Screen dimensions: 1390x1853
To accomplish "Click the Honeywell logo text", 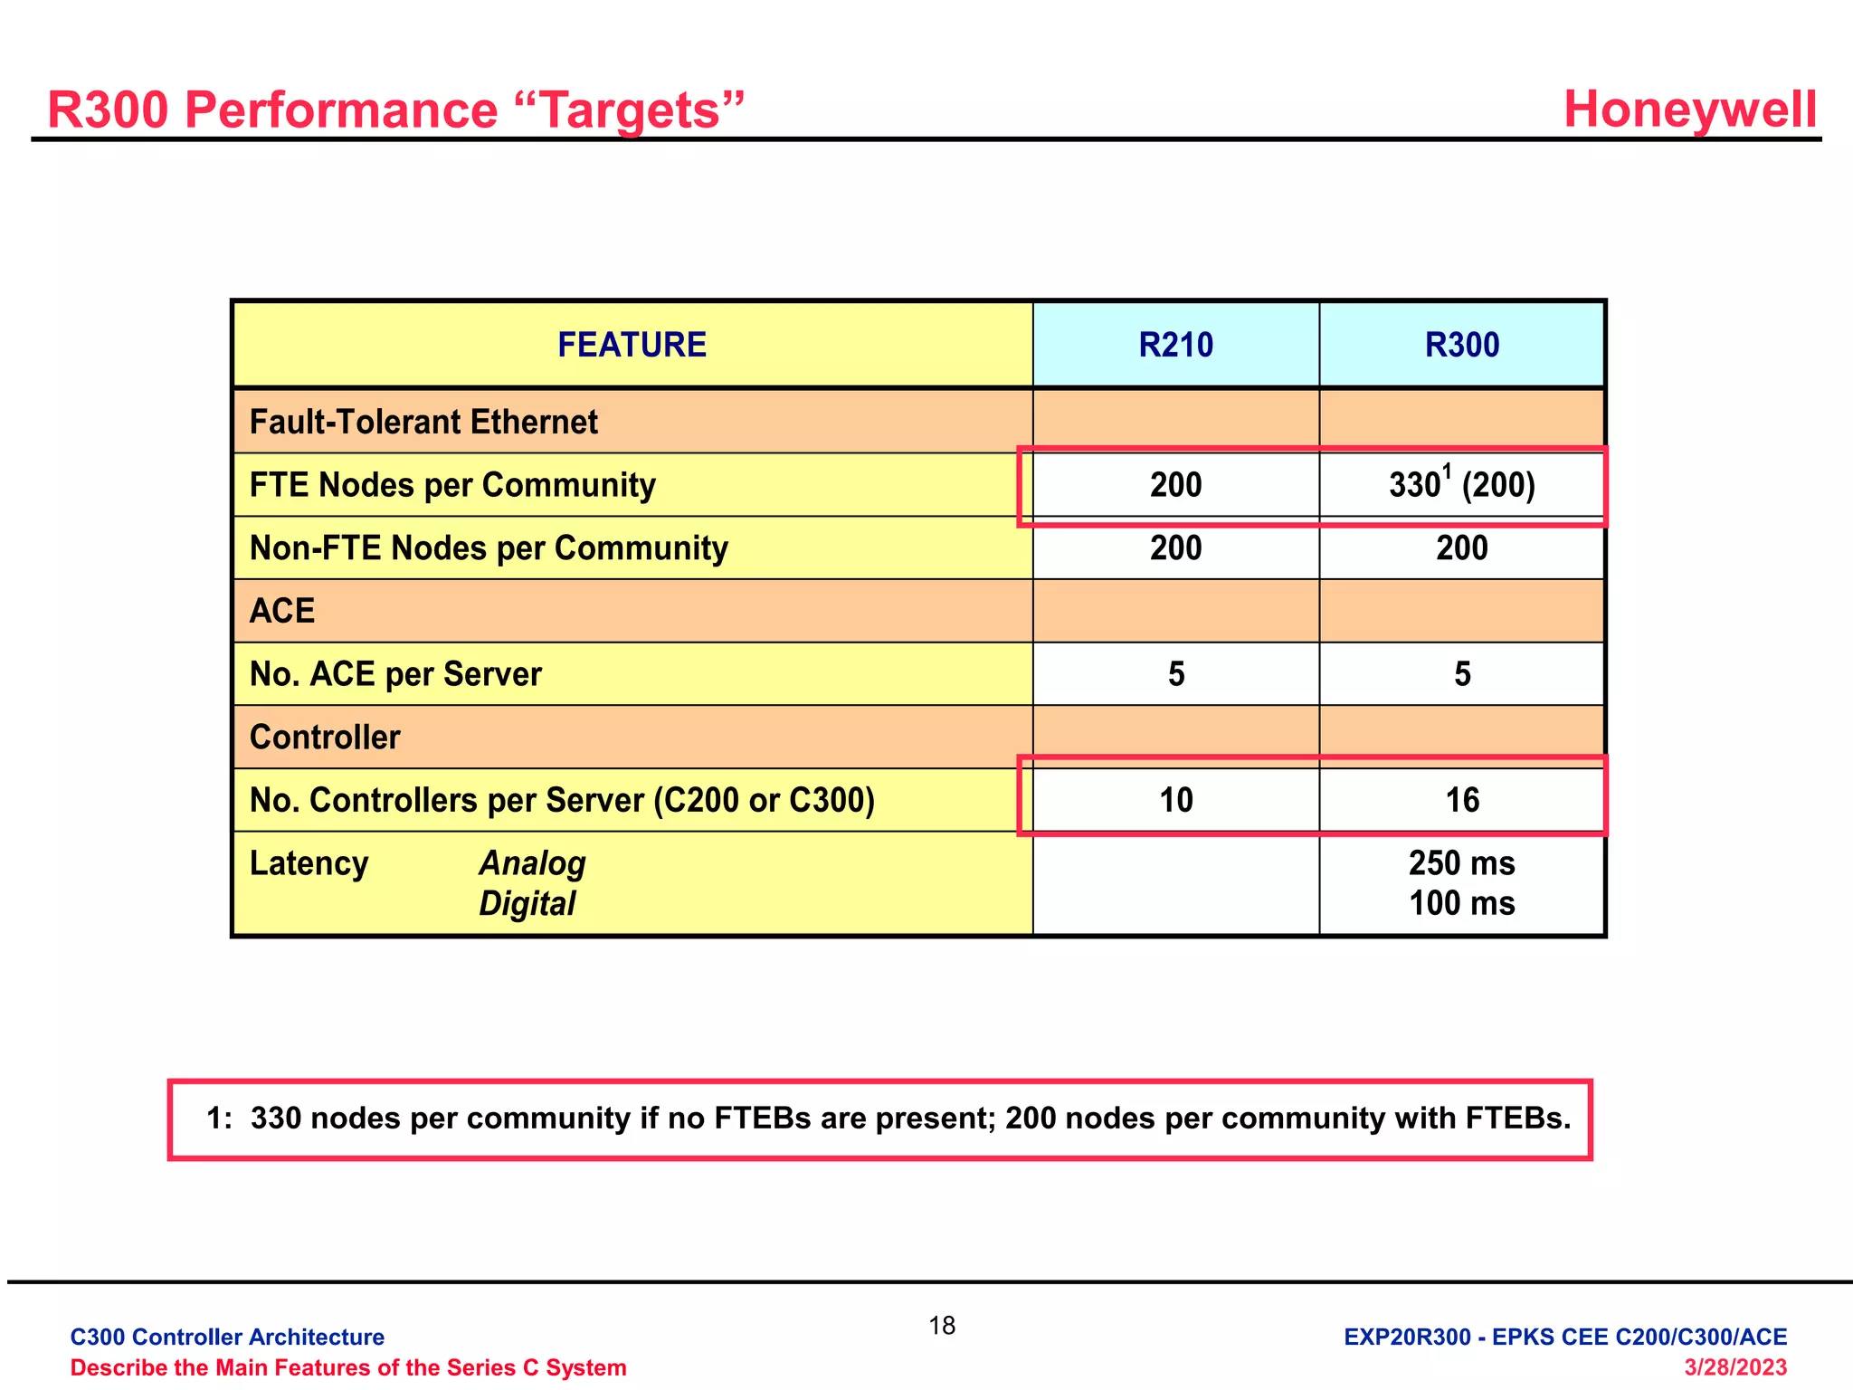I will [x=1689, y=109].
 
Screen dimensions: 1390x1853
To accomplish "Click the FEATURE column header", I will [x=632, y=345].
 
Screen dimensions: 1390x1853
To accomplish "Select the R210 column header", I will [x=1175, y=345].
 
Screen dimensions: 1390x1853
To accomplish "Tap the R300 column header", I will [x=1461, y=345].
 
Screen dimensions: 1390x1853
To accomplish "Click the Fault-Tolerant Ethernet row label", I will [x=423, y=422].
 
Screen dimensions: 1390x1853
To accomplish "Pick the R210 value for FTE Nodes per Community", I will [x=1175, y=485].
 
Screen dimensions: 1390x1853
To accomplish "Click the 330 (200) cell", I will [x=1461, y=485].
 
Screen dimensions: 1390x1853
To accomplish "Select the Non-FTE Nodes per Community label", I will [x=489, y=548].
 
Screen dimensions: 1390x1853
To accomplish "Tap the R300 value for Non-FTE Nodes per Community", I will [x=1461, y=548].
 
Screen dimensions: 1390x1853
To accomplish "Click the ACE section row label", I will [x=282, y=611].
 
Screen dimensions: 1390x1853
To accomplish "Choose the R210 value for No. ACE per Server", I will [x=1175, y=674].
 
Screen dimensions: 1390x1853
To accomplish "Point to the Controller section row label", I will [x=325, y=738].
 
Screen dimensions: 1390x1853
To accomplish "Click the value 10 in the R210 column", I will [x=1175, y=800].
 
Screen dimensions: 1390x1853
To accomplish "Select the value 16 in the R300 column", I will [x=1461, y=800].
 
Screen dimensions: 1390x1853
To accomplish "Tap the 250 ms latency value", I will [x=1461, y=863].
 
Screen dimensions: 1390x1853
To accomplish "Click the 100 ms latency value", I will [x=1461, y=903].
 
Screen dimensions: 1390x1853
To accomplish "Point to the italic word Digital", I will [x=527, y=903].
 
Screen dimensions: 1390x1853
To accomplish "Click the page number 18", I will [x=942, y=1326].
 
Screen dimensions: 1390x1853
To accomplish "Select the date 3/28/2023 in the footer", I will [x=1734, y=1366].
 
